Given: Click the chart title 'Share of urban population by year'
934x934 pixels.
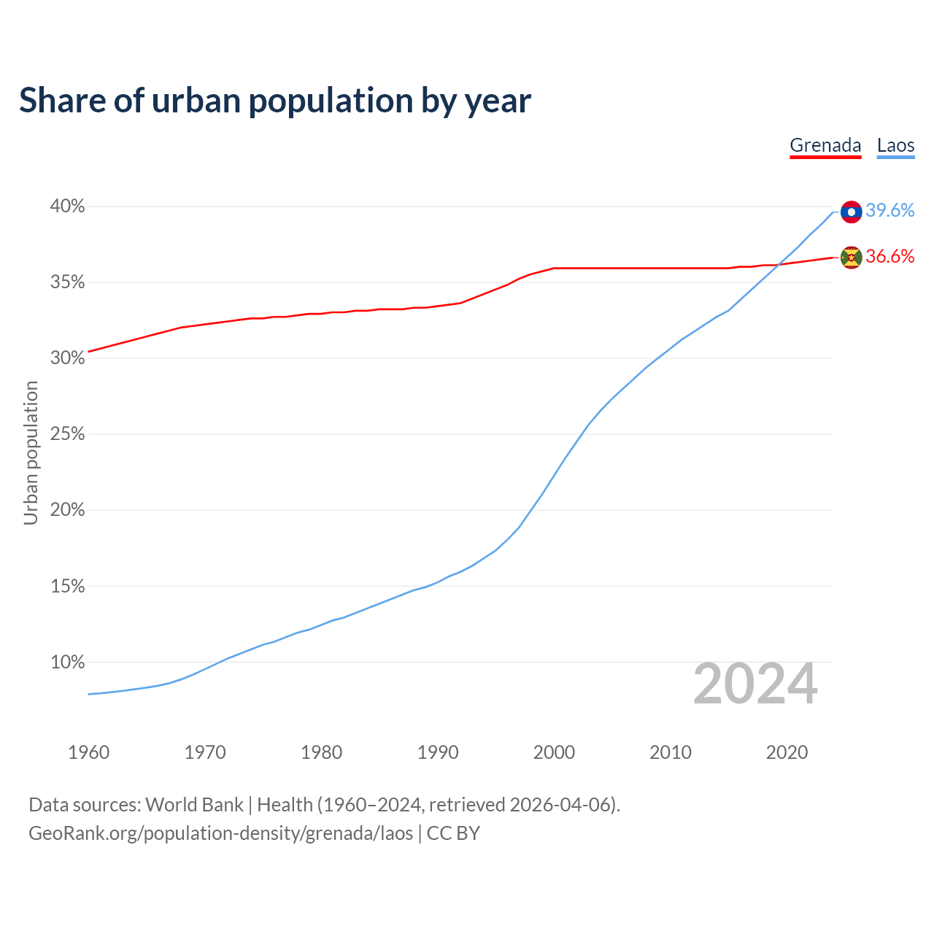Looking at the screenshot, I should point(274,101).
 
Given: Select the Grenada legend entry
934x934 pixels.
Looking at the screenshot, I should point(825,145).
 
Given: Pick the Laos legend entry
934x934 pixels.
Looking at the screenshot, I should point(895,145).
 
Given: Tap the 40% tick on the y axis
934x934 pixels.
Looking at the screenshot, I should point(67,207).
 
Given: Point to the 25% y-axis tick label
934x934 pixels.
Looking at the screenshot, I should point(67,434).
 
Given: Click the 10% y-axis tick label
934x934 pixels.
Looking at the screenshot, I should point(67,663).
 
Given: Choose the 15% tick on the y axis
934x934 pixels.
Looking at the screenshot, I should point(67,587).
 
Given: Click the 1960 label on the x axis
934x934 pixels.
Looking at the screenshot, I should point(88,752).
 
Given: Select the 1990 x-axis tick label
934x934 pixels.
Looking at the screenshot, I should point(438,752).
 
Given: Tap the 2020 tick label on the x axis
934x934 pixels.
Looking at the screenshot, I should point(787,752).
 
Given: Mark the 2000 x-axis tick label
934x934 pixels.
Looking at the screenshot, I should point(554,752).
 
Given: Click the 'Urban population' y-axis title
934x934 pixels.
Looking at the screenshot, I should point(31,452).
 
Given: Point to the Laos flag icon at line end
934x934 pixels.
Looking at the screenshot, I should point(851,212).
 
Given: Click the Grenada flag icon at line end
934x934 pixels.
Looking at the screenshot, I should point(851,257).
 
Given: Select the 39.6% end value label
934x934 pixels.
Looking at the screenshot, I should point(889,211).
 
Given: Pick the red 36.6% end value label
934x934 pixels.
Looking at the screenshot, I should point(889,256).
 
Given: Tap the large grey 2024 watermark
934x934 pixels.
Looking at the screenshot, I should point(754,684).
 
